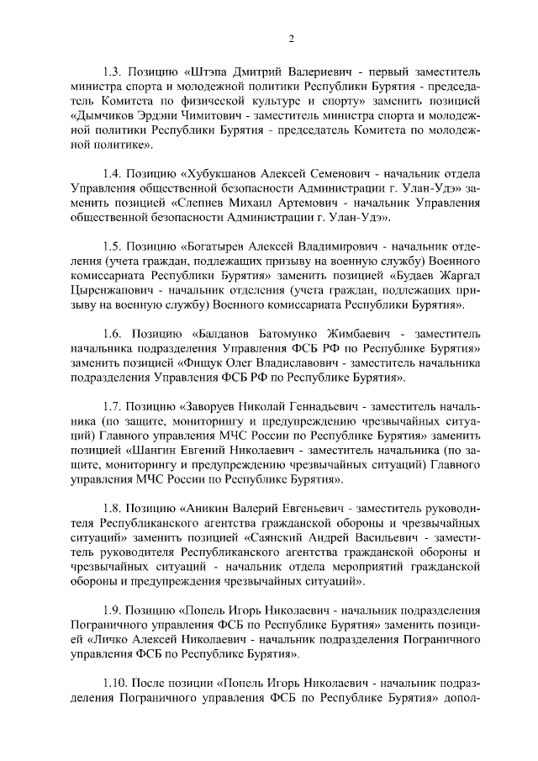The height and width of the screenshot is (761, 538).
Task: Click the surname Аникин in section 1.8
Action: pos(208,510)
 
